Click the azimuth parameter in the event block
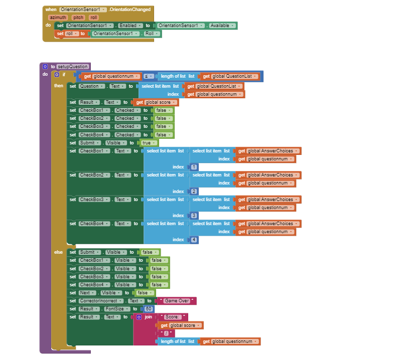(x=58, y=18)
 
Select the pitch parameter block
(x=78, y=18)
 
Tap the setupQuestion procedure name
(x=72, y=66)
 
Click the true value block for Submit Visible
(x=147, y=143)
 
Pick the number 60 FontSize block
(x=149, y=309)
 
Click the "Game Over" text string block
(x=176, y=301)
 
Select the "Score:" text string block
(x=173, y=317)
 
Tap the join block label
(x=148, y=317)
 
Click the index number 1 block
(x=194, y=167)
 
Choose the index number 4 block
(x=194, y=240)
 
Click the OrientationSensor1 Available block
(x=196, y=26)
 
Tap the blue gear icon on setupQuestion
(x=45, y=66)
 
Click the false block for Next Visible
(x=143, y=293)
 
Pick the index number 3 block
(x=194, y=216)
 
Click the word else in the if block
(x=59, y=252)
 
